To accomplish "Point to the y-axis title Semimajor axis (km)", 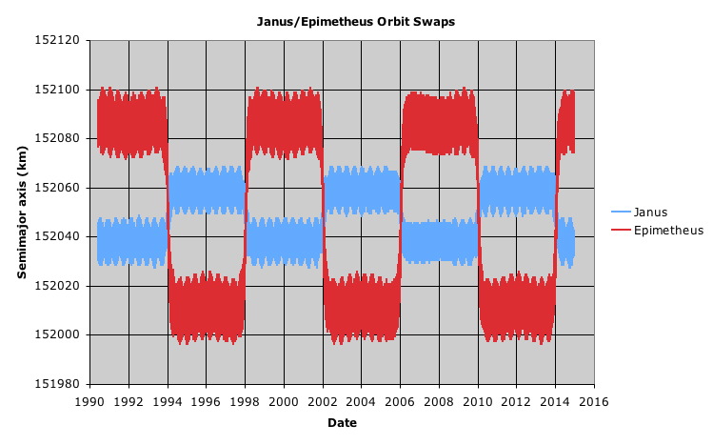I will [22, 212].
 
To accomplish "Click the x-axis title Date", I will [342, 422].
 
